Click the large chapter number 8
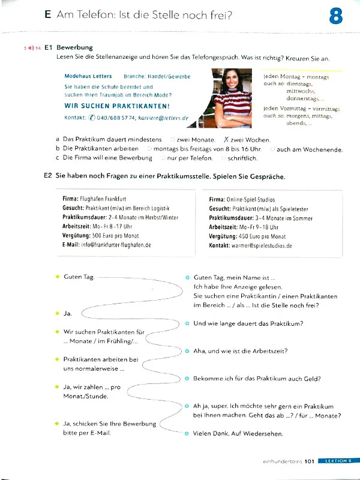click(336, 17)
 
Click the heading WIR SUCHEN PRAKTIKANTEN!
click(117, 106)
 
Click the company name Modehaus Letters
click(88, 76)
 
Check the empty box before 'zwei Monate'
click(172, 139)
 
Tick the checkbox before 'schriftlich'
click(223, 158)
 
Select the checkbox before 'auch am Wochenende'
click(273, 149)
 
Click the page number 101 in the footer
click(310, 461)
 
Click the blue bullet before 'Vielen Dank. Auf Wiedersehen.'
click(187, 433)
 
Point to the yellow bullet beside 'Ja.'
click(56, 313)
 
